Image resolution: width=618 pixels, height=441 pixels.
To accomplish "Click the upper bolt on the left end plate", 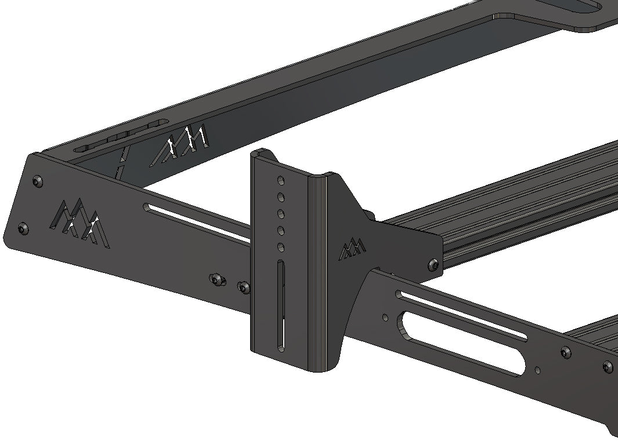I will [x=38, y=181].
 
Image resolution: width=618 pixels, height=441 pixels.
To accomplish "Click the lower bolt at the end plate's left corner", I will [x=23, y=229].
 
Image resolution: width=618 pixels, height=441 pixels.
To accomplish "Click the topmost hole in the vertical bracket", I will [x=280, y=180].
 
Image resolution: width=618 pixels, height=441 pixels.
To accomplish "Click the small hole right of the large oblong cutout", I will [x=538, y=369].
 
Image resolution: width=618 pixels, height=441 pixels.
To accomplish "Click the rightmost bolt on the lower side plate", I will [x=608, y=366].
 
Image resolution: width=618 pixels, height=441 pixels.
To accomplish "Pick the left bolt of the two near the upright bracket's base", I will [x=218, y=280].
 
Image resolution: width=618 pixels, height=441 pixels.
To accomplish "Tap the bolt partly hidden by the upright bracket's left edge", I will [x=244, y=286].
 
